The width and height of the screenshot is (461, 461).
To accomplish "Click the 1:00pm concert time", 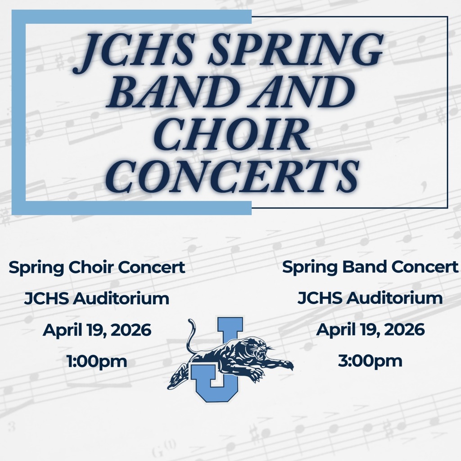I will tap(97, 361).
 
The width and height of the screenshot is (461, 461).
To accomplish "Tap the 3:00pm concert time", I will tap(370, 361).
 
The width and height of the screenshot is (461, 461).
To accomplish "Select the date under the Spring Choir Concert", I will tap(97, 330).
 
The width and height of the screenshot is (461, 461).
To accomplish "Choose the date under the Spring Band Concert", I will tap(370, 330).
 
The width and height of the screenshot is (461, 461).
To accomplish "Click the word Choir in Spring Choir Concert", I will tap(88, 267).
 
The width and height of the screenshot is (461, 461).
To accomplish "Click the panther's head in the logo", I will tap(258, 349).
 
